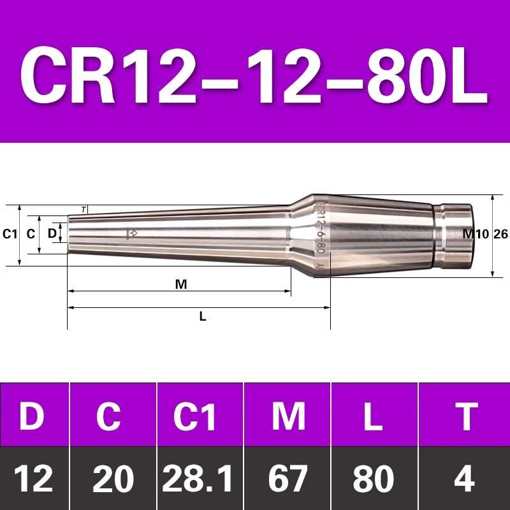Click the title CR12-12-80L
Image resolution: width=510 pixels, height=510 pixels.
tap(254, 75)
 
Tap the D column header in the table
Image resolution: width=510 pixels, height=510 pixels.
tap(32, 416)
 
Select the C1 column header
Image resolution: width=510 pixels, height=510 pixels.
tap(194, 416)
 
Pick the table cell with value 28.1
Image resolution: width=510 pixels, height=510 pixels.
tap(198, 479)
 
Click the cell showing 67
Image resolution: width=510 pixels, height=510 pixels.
tap(288, 479)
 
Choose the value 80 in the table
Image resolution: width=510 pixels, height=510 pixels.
tap(374, 479)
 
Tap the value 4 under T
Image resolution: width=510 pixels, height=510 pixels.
tap(464, 479)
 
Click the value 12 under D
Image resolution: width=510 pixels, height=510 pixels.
tap(34, 479)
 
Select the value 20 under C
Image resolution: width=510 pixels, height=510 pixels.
tap(113, 479)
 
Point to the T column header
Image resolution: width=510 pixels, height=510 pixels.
tap(467, 416)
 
